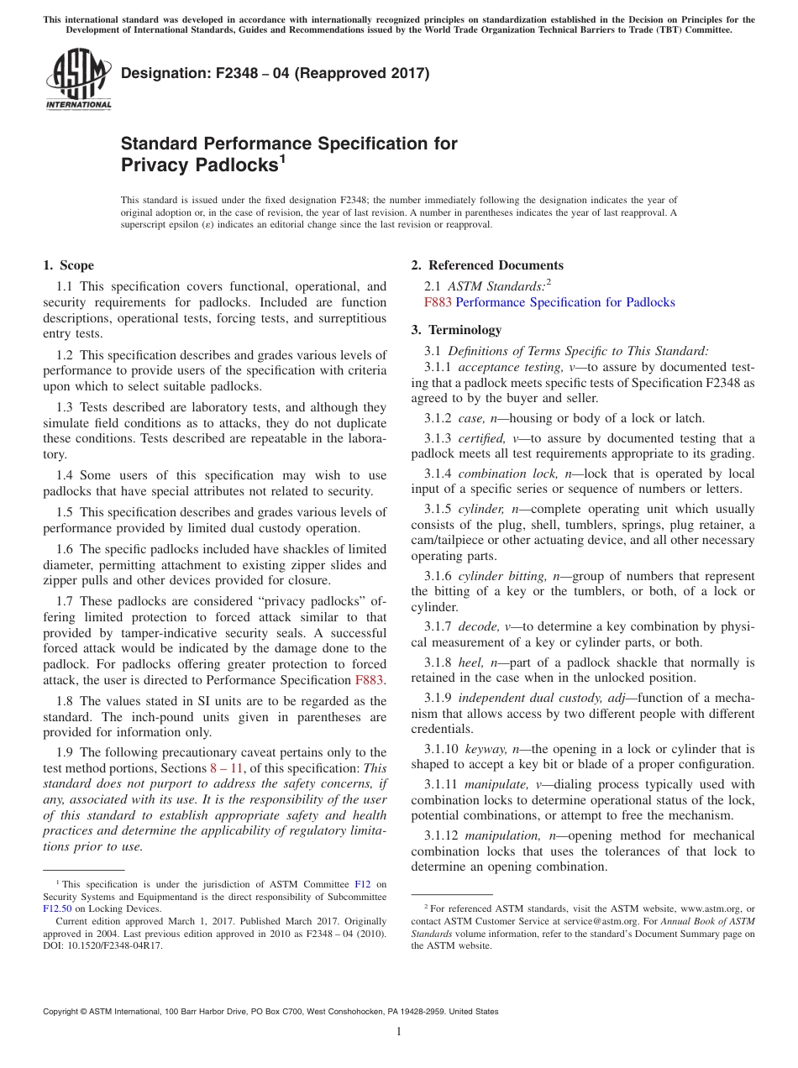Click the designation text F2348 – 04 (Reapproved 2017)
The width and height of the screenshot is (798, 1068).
coord(275,74)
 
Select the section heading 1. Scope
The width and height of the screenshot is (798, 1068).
coord(68,265)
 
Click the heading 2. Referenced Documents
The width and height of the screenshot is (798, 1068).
coord(487,265)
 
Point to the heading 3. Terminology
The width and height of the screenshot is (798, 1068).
coord(456,330)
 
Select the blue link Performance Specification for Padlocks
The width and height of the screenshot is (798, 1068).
coord(564,302)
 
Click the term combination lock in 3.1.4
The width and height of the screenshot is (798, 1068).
coord(504,474)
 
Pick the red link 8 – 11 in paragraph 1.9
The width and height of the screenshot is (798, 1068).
coord(225,769)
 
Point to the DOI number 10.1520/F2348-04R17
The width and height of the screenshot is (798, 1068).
coord(115,945)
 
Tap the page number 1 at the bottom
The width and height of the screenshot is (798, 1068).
coord(399,1032)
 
